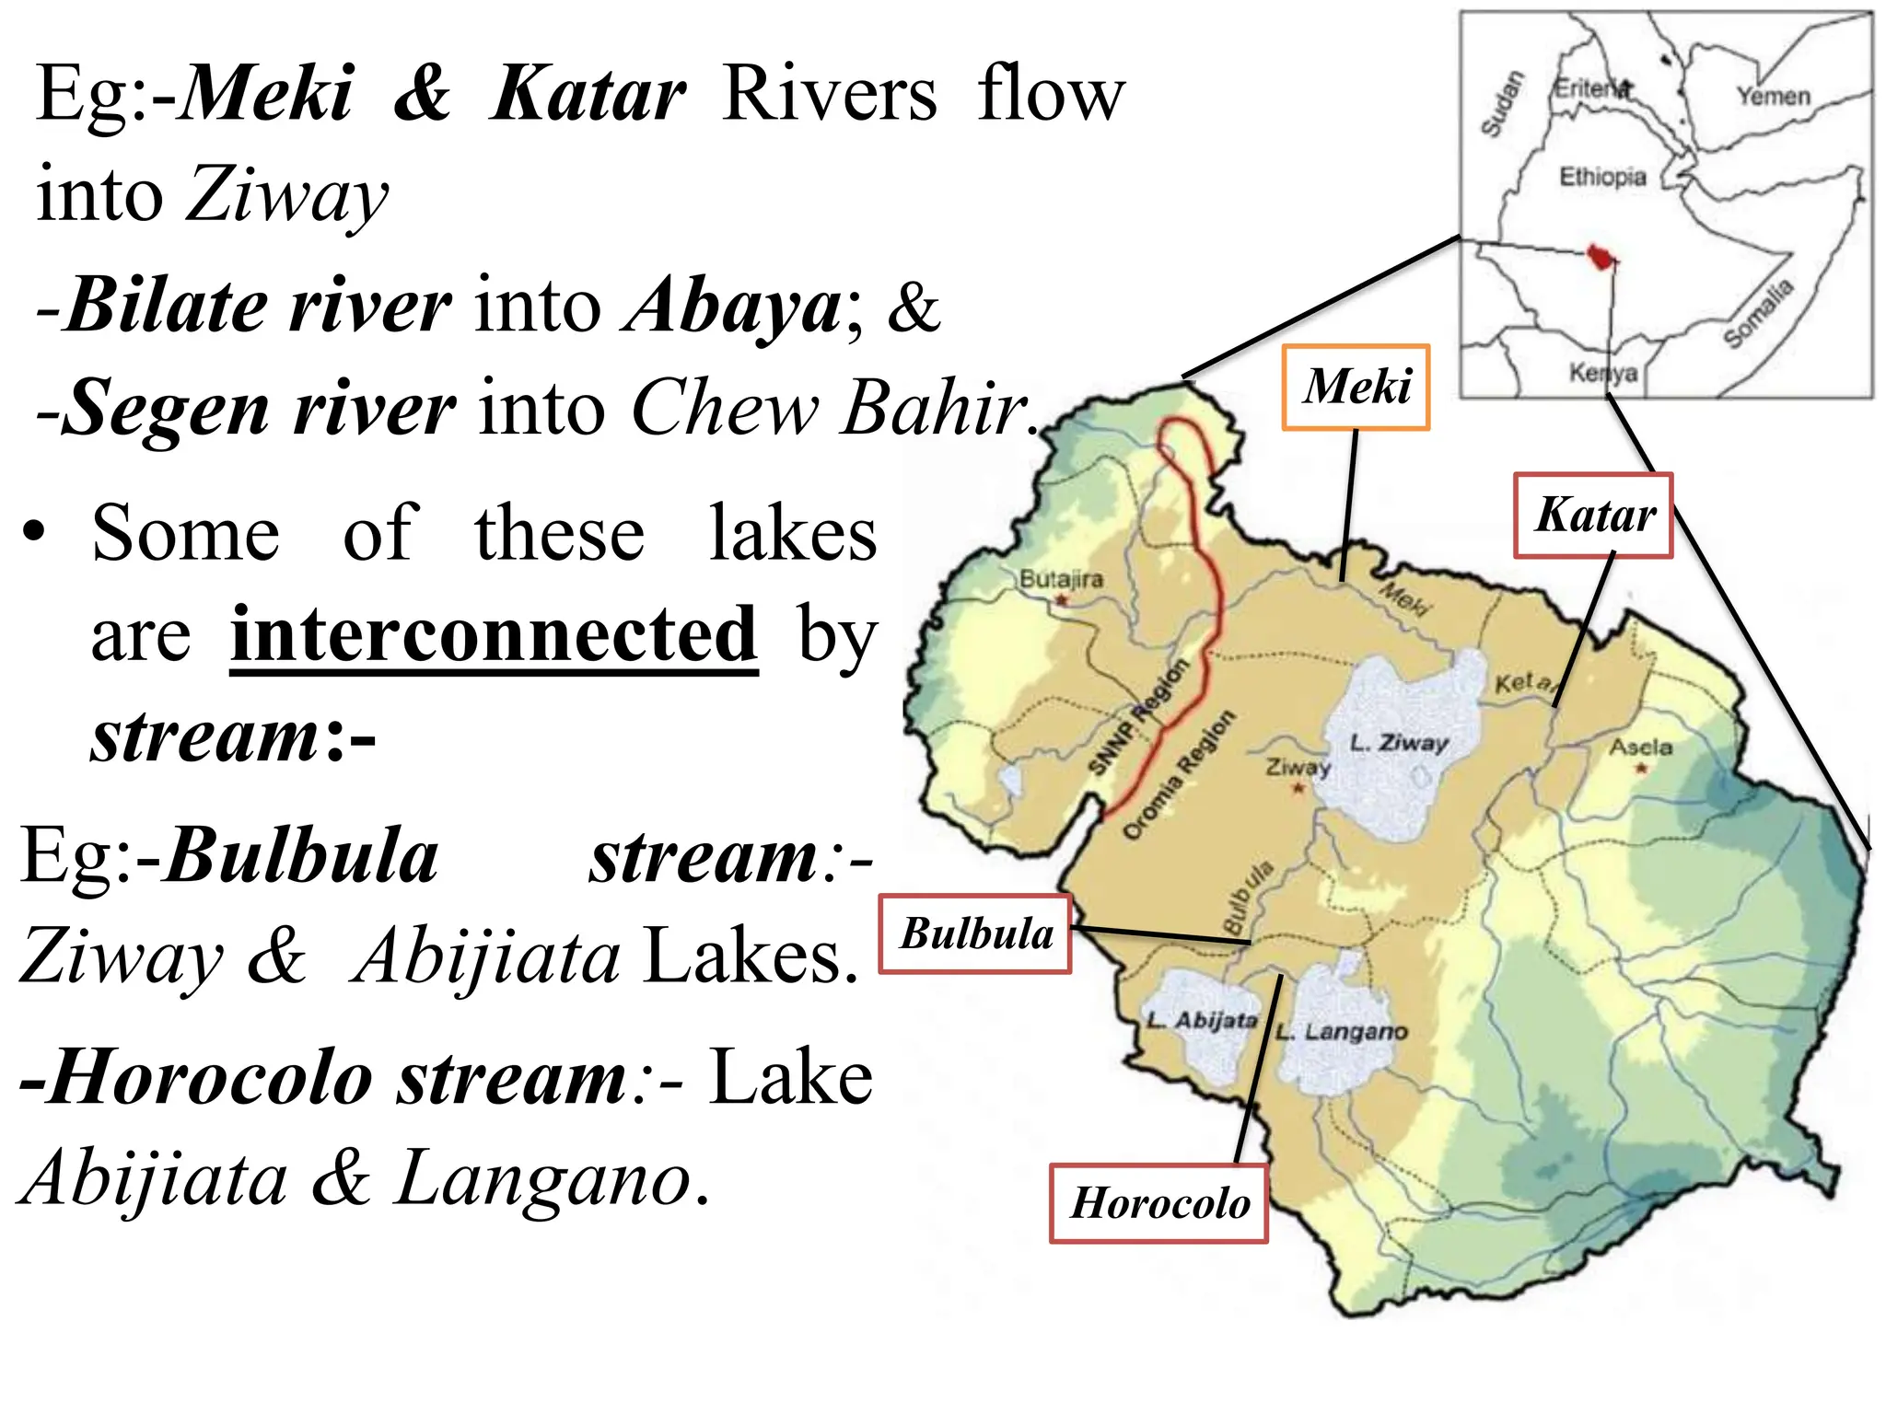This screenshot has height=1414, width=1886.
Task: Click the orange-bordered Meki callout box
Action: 1356,388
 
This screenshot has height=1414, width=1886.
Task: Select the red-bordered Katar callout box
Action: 1593,516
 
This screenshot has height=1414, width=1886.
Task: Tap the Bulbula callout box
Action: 975,933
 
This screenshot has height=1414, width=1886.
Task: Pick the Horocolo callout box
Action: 1159,1203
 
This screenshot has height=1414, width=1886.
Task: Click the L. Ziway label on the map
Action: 1398,742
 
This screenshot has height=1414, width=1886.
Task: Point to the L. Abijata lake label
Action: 1202,1020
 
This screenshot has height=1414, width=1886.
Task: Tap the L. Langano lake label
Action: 1342,1031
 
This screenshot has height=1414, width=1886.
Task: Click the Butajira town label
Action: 1061,579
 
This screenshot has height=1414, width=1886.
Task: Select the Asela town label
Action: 1640,747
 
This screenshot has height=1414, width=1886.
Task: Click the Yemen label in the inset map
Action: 1773,96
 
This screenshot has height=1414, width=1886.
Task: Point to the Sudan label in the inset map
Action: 1502,103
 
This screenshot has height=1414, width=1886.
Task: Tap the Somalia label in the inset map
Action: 1759,313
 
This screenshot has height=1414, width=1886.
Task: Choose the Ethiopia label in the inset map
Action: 1601,176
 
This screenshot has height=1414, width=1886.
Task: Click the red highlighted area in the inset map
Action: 1602,257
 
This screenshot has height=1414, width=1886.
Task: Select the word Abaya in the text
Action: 732,306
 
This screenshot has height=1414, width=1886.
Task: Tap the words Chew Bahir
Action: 830,407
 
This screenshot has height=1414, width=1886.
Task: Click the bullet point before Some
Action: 34,534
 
